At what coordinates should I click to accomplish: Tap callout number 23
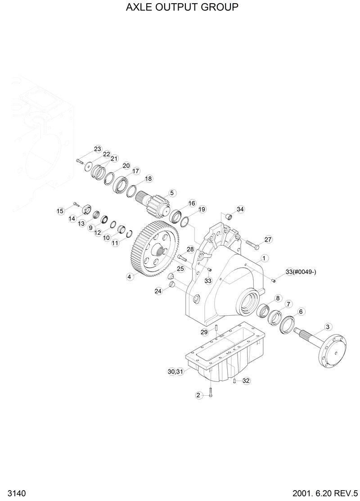[x=98, y=149]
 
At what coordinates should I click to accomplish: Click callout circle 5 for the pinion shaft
[x=171, y=193]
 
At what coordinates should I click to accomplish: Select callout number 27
[x=268, y=239]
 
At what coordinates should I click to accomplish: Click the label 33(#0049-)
[x=301, y=272]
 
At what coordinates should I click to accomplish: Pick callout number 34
[x=240, y=209]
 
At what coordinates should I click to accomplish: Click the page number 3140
[x=10, y=493]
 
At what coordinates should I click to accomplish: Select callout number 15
[x=60, y=210]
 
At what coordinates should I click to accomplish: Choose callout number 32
[x=246, y=380]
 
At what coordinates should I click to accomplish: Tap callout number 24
[x=158, y=291]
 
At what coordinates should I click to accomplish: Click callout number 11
[x=115, y=243]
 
